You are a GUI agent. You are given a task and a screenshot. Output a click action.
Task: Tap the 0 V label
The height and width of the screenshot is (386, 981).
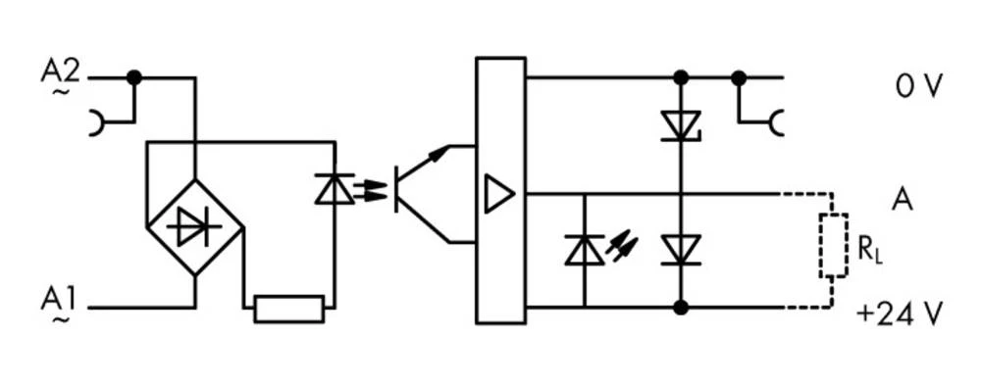[x=917, y=86]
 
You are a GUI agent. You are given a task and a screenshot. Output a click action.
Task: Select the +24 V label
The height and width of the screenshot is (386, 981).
[x=899, y=315]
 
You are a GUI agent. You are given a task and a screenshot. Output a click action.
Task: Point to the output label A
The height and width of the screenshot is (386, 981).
[x=903, y=199]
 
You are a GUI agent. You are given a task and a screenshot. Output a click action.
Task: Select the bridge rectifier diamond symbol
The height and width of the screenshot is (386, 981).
[x=194, y=227]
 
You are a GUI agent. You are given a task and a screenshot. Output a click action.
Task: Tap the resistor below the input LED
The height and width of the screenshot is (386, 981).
[x=288, y=309]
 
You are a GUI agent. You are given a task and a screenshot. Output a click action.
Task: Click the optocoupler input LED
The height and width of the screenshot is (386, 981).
[x=335, y=189]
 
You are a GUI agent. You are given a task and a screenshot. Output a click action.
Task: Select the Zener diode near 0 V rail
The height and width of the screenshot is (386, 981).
[x=679, y=124]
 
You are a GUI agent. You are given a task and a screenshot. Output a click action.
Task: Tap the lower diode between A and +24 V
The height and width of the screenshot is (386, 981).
[x=679, y=250]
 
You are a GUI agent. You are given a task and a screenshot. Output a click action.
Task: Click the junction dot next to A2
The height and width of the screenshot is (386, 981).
[x=134, y=77]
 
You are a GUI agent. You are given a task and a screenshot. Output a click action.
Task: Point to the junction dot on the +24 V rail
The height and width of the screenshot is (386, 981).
[x=679, y=308]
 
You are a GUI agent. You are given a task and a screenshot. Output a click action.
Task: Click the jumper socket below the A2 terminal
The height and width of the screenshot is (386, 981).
[x=98, y=123]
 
